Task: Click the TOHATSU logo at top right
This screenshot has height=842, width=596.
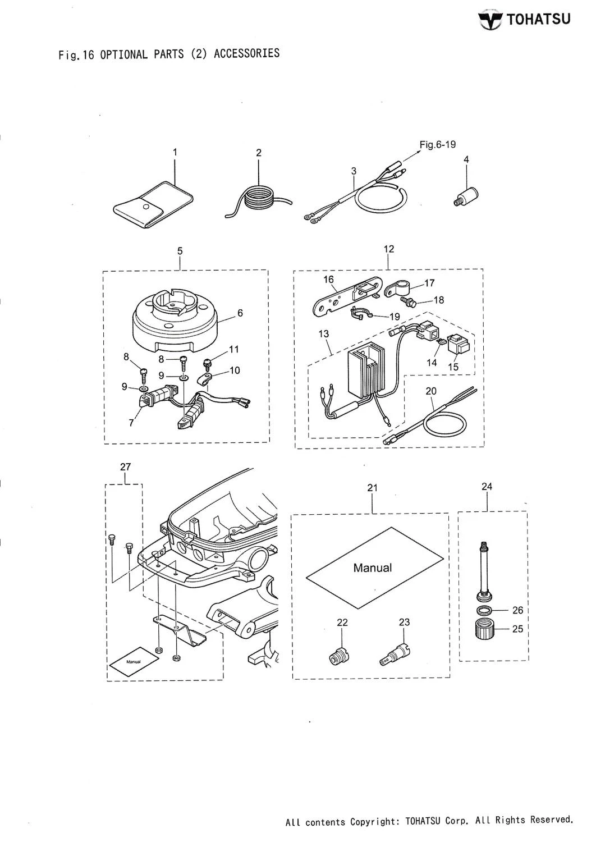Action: (525, 20)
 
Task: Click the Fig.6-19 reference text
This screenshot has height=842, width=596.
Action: (437, 144)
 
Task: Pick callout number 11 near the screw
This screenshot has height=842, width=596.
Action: (234, 349)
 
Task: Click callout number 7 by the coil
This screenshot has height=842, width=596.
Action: (131, 423)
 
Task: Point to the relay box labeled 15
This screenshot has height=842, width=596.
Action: (459, 348)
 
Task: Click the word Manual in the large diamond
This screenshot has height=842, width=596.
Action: (373, 568)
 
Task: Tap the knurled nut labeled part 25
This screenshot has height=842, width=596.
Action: (483, 628)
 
